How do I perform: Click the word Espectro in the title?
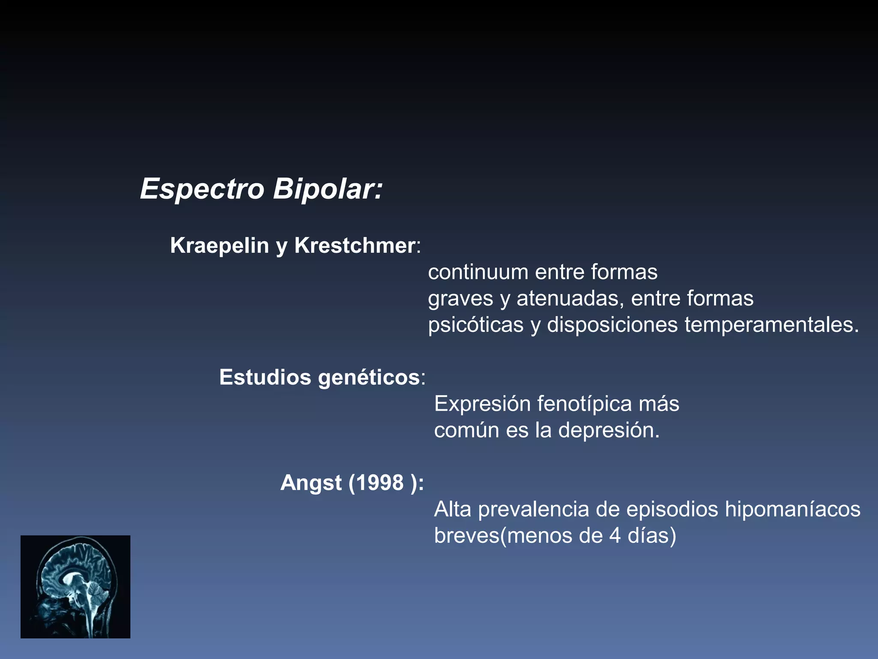202,189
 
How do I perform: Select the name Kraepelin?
219,245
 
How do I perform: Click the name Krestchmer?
355,245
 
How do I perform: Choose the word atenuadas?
570,299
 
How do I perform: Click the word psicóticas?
475,325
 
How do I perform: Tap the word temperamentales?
772,325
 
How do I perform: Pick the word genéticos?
369,378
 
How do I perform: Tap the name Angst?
311,483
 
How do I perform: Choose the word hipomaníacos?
793,510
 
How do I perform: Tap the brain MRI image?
75,586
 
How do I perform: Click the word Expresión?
482,404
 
